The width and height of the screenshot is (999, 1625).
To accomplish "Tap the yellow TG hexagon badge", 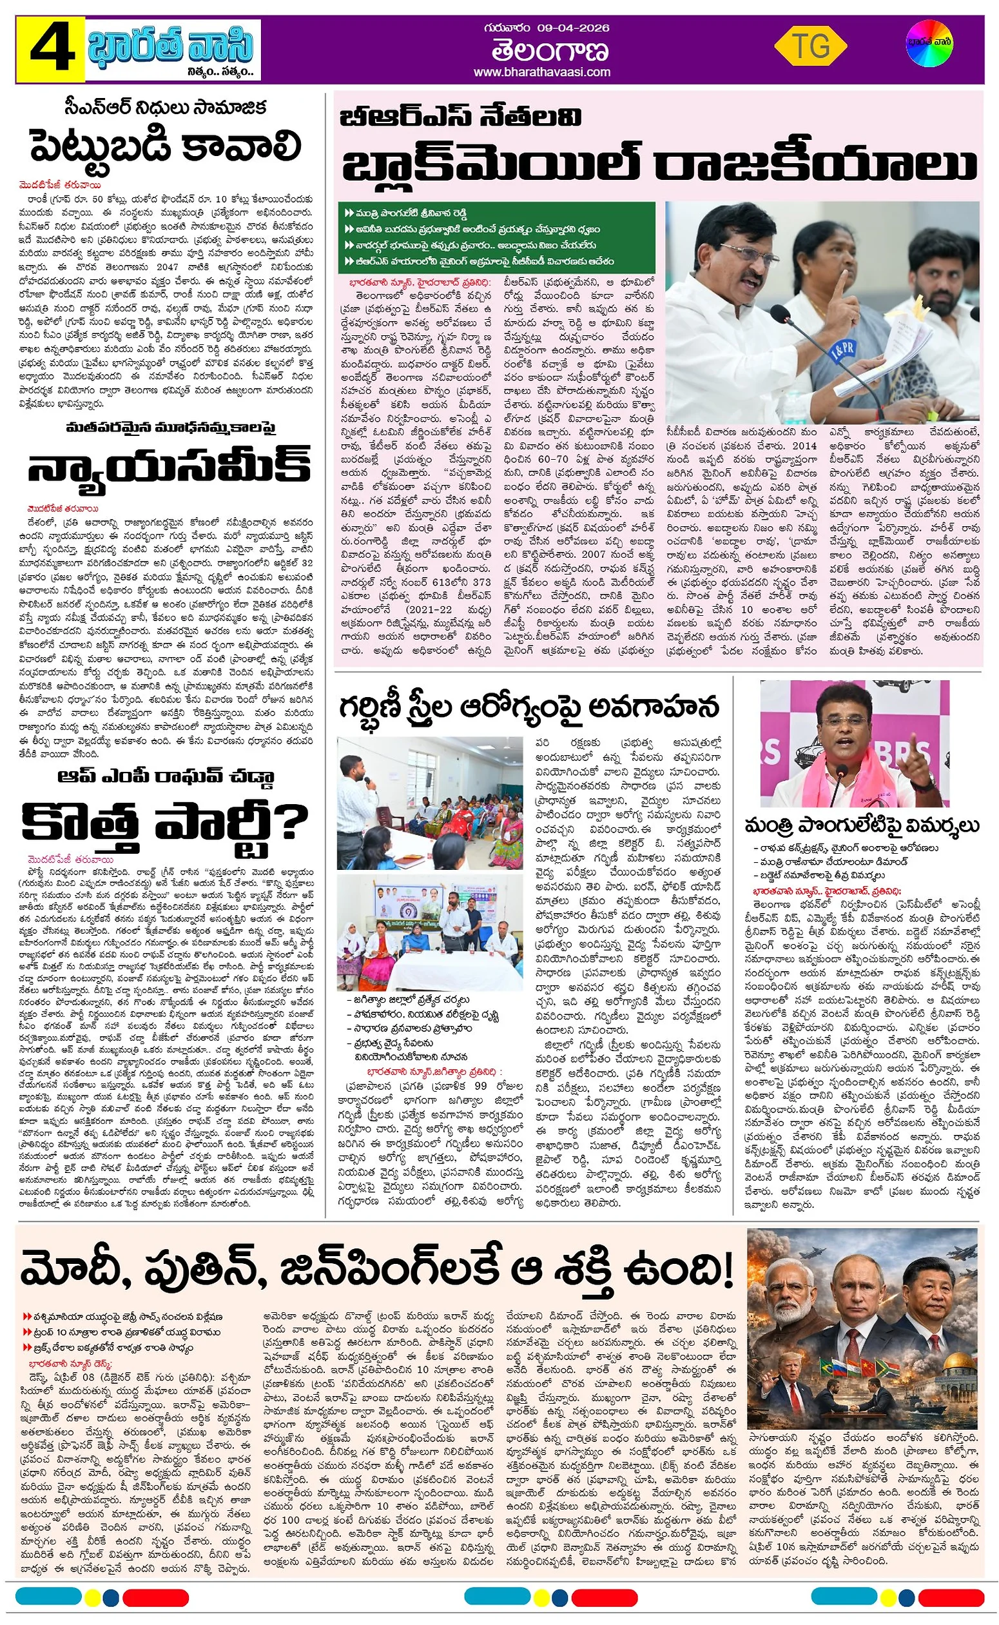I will coord(810,46).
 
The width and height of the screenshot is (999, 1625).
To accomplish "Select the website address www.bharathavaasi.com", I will coord(542,72).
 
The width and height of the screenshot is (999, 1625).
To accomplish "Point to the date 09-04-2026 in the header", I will coord(573,28).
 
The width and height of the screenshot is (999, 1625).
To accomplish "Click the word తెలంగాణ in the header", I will coord(541,50).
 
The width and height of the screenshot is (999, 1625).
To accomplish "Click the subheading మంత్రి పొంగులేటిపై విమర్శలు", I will coord(862,825).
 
